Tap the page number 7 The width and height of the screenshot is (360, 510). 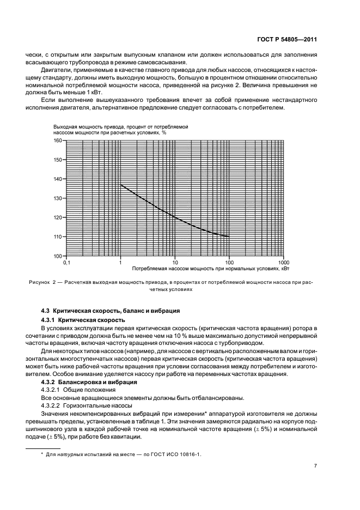click(315, 466)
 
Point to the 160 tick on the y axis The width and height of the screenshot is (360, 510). click(58, 141)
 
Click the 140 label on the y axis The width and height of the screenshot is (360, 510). click(58, 179)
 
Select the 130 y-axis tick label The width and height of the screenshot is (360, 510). click(58, 198)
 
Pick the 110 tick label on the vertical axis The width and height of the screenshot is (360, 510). click(58, 236)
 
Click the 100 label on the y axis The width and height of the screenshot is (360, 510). click(58, 256)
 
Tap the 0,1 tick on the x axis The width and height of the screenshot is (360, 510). click(66, 262)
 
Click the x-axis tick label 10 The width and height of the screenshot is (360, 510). click(175, 262)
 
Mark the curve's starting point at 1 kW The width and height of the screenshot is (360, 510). click(120, 185)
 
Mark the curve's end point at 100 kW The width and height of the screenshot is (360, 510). click(229, 236)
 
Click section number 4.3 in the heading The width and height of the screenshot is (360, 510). click(46, 311)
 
